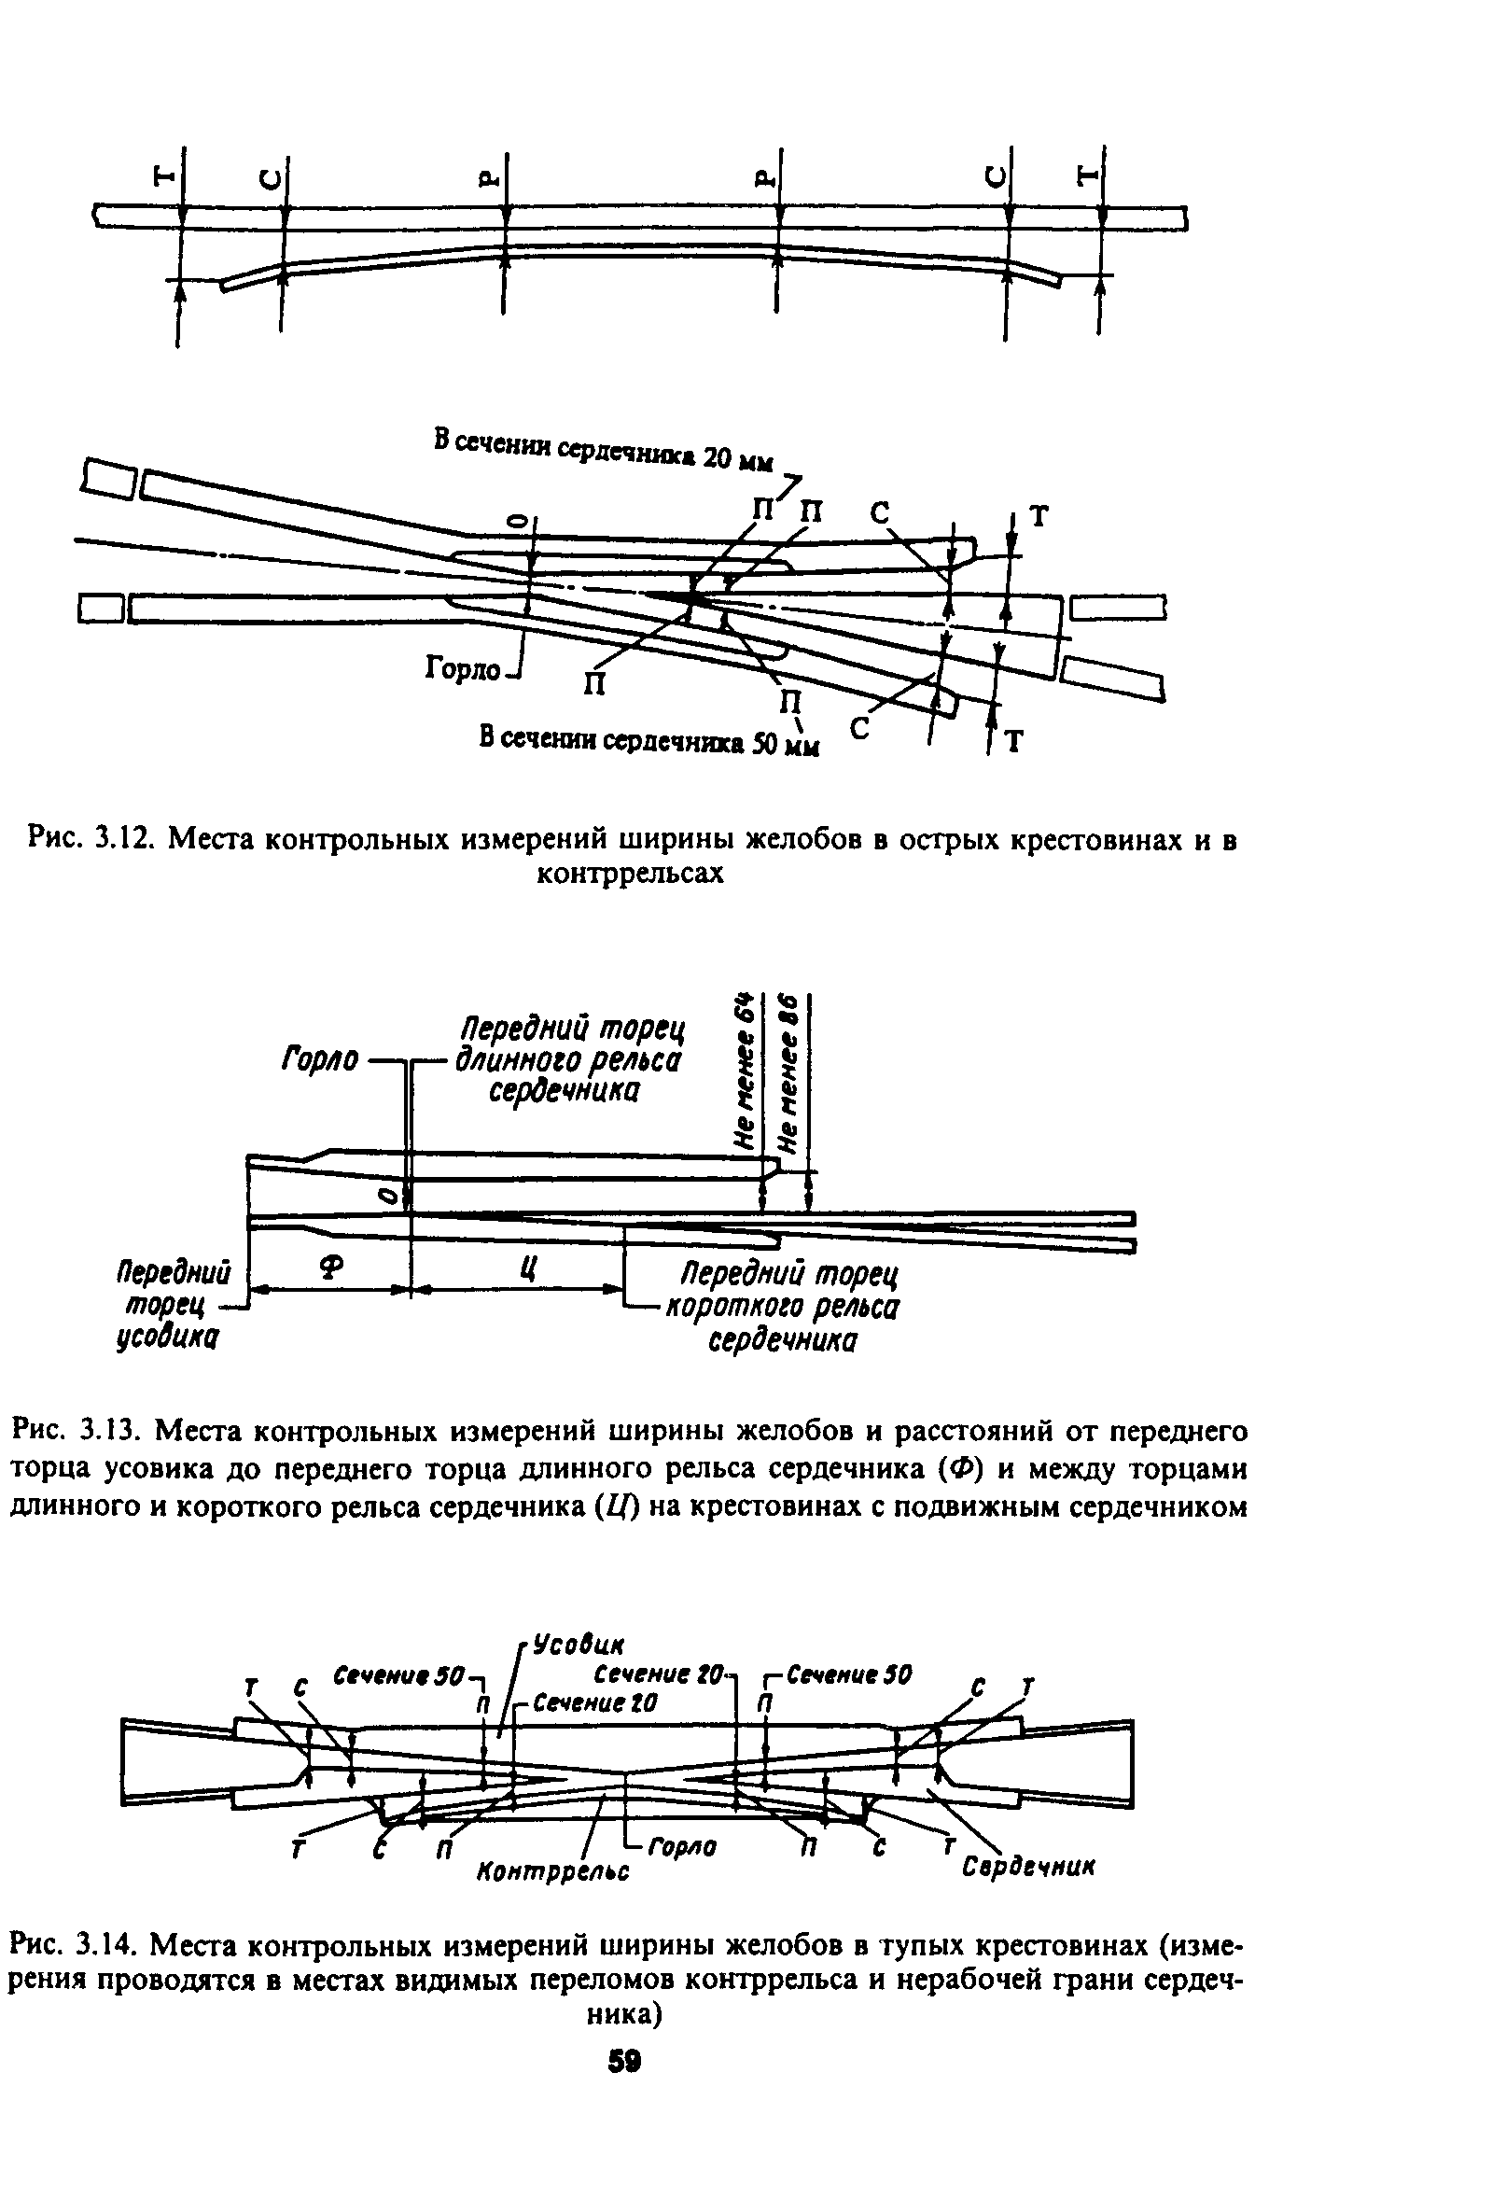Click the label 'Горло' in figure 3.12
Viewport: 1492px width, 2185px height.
point(464,669)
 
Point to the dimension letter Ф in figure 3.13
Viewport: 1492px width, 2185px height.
point(328,1268)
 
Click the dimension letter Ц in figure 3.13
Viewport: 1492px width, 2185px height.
point(527,1268)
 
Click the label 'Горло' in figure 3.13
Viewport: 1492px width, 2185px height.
point(320,1060)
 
